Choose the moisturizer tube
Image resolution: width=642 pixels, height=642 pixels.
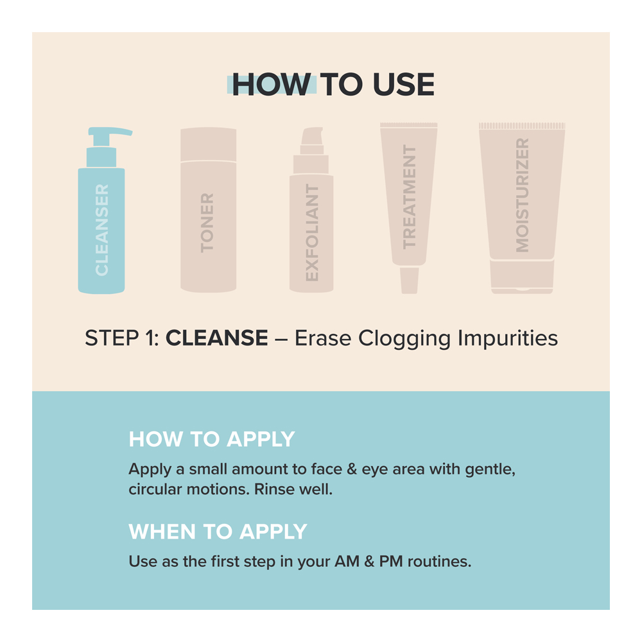tap(522, 193)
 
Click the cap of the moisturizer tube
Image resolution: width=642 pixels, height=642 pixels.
tap(522, 276)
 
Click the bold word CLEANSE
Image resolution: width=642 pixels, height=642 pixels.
tap(216, 338)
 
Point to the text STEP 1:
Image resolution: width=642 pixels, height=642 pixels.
tap(122, 338)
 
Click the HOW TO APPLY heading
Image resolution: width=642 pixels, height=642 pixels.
tap(212, 440)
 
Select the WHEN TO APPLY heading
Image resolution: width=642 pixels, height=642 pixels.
tap(218, 532)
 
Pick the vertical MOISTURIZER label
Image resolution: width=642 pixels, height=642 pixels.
tap(522, 196)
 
